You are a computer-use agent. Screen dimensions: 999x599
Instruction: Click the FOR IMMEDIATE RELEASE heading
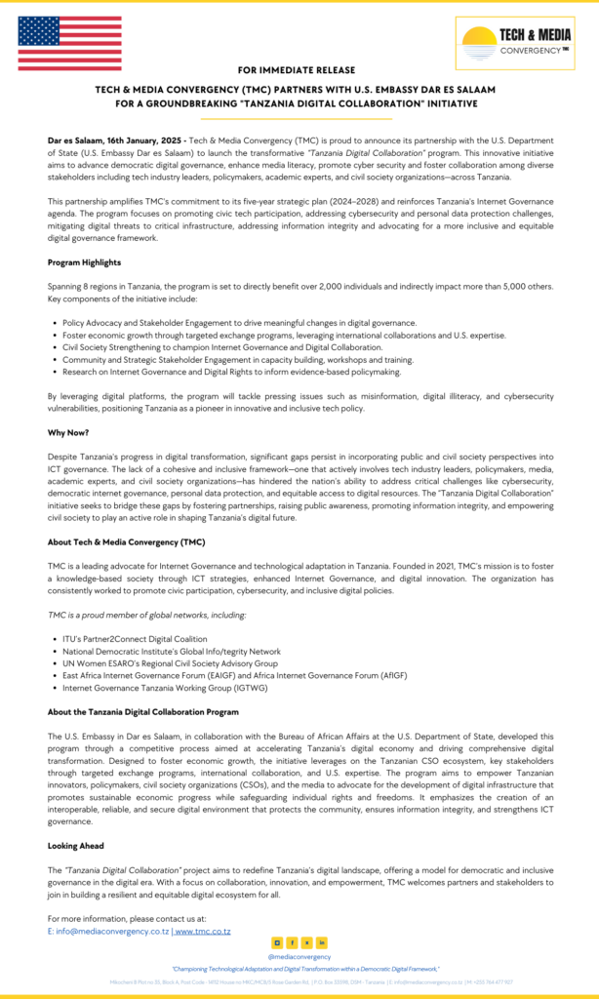299,71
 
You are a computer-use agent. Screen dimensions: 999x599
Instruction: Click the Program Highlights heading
85,261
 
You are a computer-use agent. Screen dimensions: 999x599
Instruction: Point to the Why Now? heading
67,431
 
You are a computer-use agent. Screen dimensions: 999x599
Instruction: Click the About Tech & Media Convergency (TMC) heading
126,541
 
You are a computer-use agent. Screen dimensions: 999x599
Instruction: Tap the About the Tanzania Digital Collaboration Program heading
142,711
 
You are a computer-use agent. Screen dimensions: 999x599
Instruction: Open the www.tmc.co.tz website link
203,931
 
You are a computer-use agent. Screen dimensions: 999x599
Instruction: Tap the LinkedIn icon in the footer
322,942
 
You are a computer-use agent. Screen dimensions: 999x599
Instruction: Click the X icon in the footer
307,942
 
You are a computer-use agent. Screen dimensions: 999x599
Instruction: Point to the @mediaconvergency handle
299,956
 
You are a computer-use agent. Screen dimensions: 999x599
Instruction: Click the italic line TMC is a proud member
146,614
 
